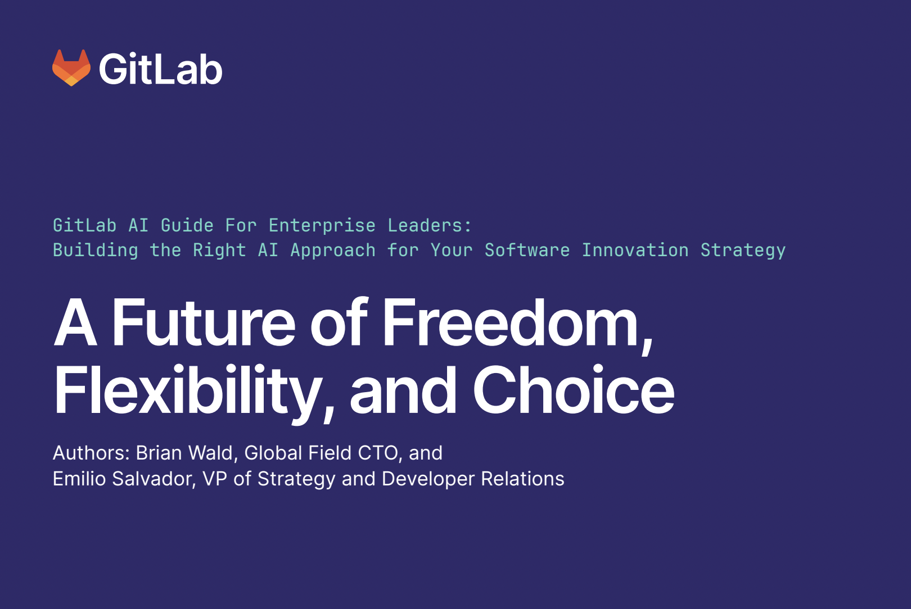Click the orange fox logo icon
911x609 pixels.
click(x=71, y=68)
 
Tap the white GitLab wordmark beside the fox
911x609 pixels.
click(x=161, y=70)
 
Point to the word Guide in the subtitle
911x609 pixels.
click(x=187, y=225)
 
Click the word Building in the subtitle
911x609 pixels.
click(x=96, y=250)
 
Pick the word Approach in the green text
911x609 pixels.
click(x=333, y=250)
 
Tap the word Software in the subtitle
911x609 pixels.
click(x=527, y=250)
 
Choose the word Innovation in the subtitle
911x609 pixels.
click(x=635, y=250)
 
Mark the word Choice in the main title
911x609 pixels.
click(x=574, y=390)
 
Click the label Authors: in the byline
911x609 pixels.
click(x=91, y=453)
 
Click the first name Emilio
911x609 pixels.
click(x=79, y=479)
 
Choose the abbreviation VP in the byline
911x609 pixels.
click(x=215, y=479)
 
